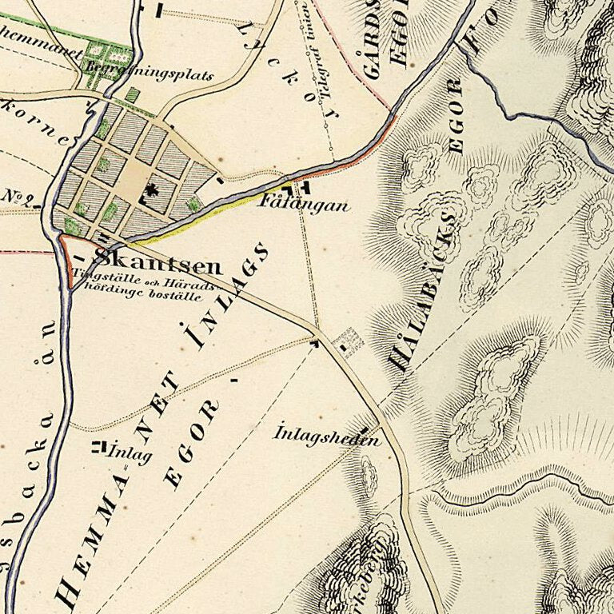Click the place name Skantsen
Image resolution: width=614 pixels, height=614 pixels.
click(147, 260)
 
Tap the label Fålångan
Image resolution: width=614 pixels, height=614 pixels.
click(305, 205)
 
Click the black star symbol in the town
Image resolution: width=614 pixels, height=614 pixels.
click(150, 190)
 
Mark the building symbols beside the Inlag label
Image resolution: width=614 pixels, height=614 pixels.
click(99, 446)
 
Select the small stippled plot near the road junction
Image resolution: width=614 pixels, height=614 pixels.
click(349, 341)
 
